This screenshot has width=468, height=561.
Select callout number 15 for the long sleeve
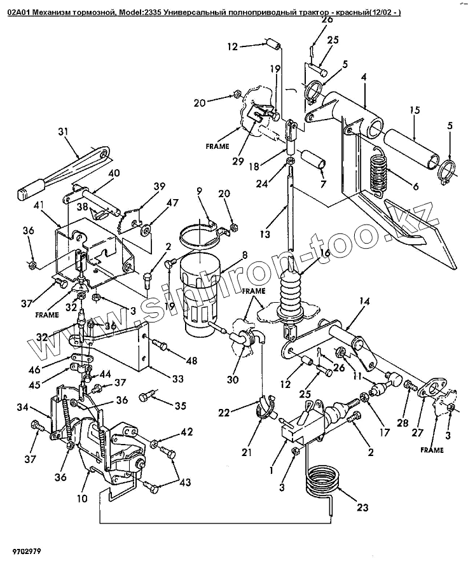coord(415,110)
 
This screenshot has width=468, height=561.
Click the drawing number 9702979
coord(27,551)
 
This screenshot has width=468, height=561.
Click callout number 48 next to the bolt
coord(192,360)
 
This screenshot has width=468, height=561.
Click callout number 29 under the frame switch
coord(238,161)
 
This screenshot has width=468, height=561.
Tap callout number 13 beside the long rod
coord(265,234)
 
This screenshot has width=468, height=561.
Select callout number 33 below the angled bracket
coord(178,378)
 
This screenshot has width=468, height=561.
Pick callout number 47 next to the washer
coord(172,203)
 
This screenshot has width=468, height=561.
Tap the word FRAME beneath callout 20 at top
coord(217,146)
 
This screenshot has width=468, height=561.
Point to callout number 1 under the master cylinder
coord(272,470)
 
